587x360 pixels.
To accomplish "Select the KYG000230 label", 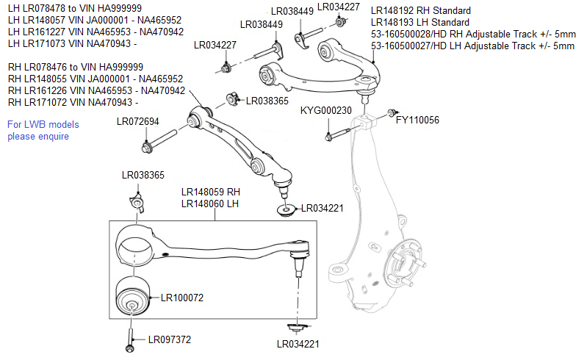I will [x=326, y=111].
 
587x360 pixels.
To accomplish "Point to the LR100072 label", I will [x=177, y=298].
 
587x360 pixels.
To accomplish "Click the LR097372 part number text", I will [x=170, y=339].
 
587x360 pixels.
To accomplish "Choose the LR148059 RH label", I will [x=211, y=192].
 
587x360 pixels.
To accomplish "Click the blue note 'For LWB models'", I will [x=43, y=124].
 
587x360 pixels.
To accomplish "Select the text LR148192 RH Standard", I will [x=421, y=11].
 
